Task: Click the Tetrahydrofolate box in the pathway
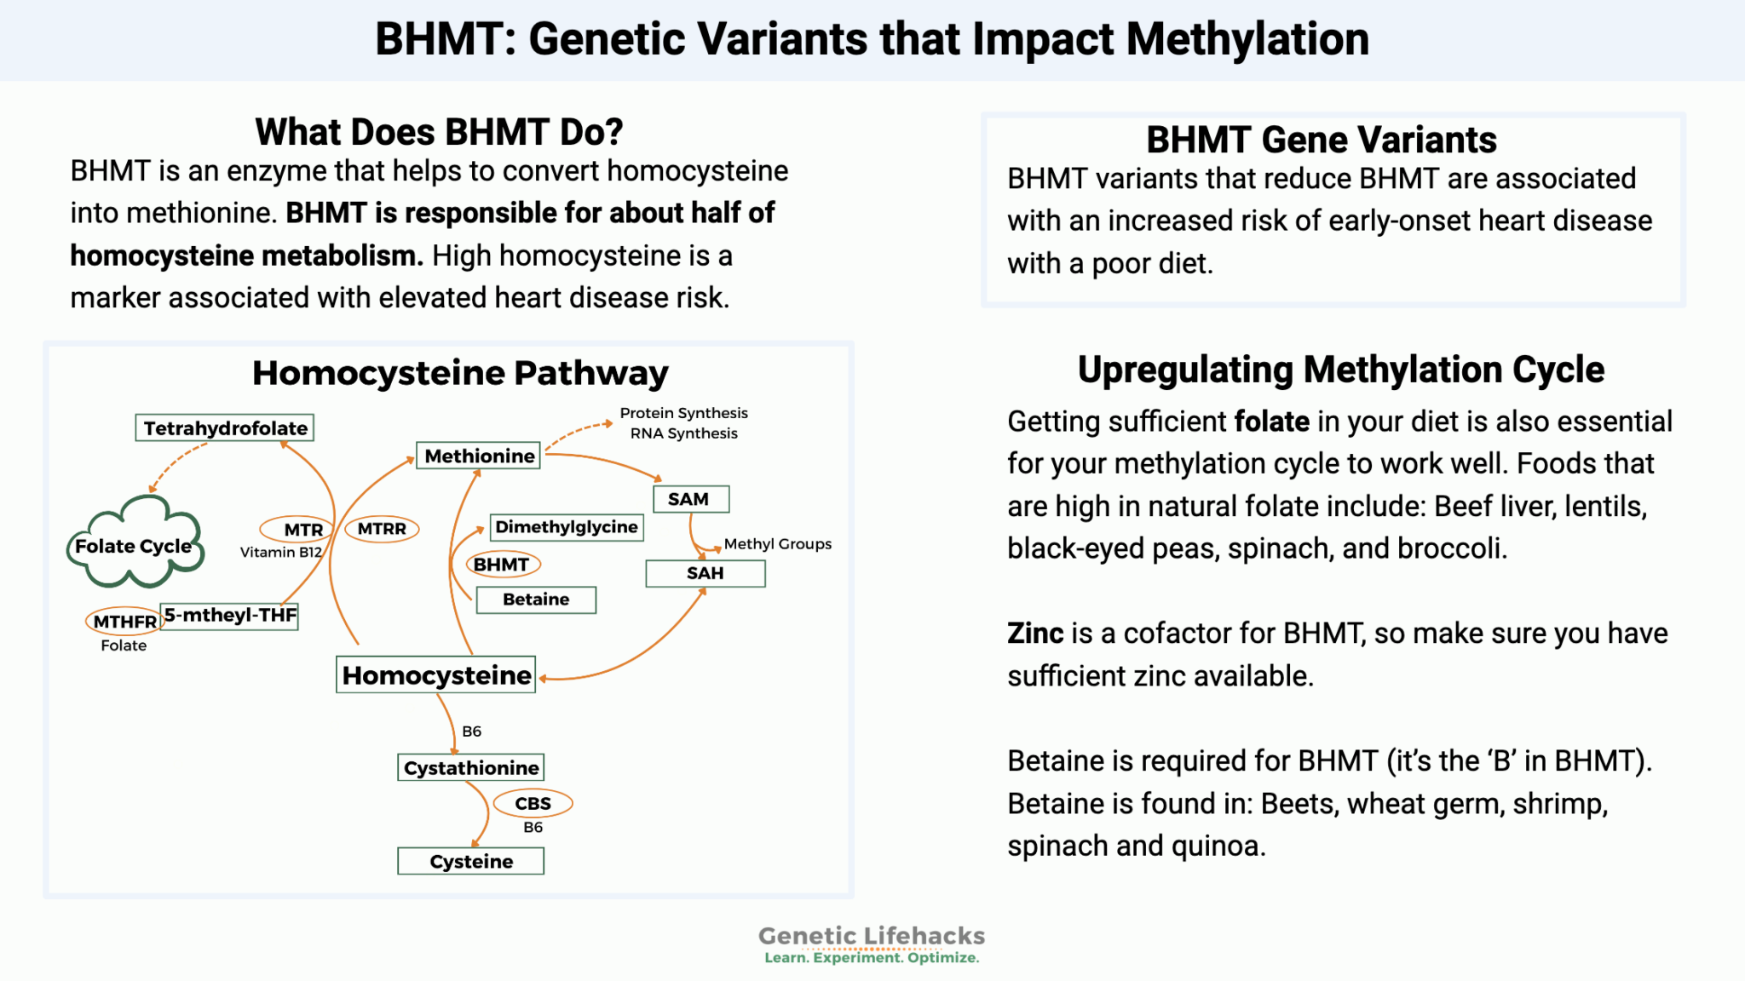(225, 427)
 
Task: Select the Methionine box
(479, 456)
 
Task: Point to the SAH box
(705, 573)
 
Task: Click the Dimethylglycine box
(567, 527)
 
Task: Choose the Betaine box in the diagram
(536, 599)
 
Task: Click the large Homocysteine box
(436, 675)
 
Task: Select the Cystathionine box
(470, 768)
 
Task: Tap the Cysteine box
(470, 862)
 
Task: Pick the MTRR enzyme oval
(382, 529)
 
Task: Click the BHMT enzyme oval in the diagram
(502, 564)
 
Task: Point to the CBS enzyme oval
(533, 803)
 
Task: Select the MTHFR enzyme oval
(124, 622)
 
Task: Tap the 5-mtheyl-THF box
(230, 615)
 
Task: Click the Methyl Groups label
(777, 544)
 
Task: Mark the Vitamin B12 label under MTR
(280, 552)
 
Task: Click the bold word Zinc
(1035, 634)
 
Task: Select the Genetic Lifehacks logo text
(871, 936)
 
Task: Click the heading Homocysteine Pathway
(460, 373)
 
